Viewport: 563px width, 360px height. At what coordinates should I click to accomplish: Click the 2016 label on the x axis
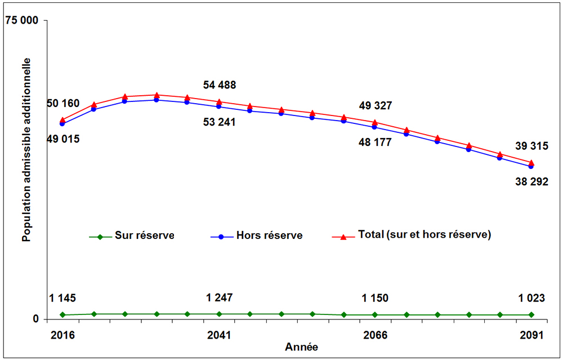click(x=62, y=335)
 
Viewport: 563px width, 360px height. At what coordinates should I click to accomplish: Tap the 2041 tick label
click(x=219, y=335)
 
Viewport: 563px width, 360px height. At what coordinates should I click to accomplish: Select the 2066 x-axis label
click(x=376, y=335)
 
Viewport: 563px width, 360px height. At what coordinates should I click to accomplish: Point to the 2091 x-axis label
click(x=531, y=335)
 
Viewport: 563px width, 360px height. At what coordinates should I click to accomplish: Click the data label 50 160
click(x=63, y=104)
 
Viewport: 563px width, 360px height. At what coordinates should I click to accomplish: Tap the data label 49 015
click(x=63, y=139)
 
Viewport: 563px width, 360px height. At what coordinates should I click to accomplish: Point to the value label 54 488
click(x=220, y=86)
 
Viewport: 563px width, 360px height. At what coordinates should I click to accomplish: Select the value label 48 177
click(x=375, y=143)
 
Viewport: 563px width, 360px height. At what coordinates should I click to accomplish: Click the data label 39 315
click(x=531, y=146)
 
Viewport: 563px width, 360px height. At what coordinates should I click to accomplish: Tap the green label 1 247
click(x=220, y=298)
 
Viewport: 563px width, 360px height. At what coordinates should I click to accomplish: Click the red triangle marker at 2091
click(x=531, y=163)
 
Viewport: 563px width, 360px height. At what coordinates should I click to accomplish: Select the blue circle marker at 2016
click(x=62, y=123)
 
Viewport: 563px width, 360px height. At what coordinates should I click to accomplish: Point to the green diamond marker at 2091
click(x=531, y=314)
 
